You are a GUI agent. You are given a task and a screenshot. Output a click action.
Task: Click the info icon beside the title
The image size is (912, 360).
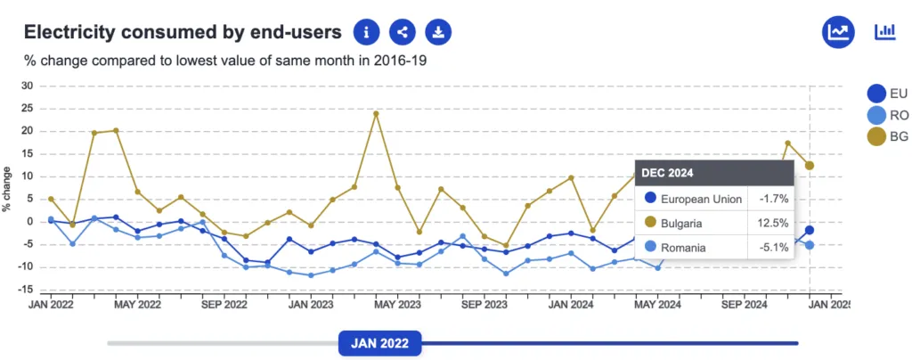click(367, 33)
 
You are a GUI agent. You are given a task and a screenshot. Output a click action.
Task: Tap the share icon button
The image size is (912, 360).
click(403, 33)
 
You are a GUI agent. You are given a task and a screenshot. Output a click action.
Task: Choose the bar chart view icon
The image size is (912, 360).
click(885, 32)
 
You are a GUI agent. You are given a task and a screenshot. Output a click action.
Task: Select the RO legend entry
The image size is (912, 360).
click(887, 115)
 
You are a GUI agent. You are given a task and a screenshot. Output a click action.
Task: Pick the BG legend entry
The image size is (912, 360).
click(887, 136)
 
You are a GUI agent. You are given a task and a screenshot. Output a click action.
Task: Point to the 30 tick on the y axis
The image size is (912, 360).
click(27, 86)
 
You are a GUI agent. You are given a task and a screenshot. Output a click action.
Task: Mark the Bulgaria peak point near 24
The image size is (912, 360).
click(376, 113)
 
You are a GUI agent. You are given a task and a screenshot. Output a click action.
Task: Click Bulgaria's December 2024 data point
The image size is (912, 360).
click(810, 166)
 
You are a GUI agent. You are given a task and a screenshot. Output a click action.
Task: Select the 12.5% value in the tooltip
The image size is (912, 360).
click(772, 223)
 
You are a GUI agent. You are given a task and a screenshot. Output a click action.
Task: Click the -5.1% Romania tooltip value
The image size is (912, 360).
click(772, 248)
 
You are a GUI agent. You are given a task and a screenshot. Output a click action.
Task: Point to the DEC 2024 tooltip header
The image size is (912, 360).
click(668, 173)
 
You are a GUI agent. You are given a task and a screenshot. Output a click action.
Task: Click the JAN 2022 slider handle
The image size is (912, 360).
click(379, 343)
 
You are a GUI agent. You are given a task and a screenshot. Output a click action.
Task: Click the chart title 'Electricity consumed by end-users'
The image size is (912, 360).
click(183, 33)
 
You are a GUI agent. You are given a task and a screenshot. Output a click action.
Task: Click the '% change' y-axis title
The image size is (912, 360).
click(7, 189)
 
